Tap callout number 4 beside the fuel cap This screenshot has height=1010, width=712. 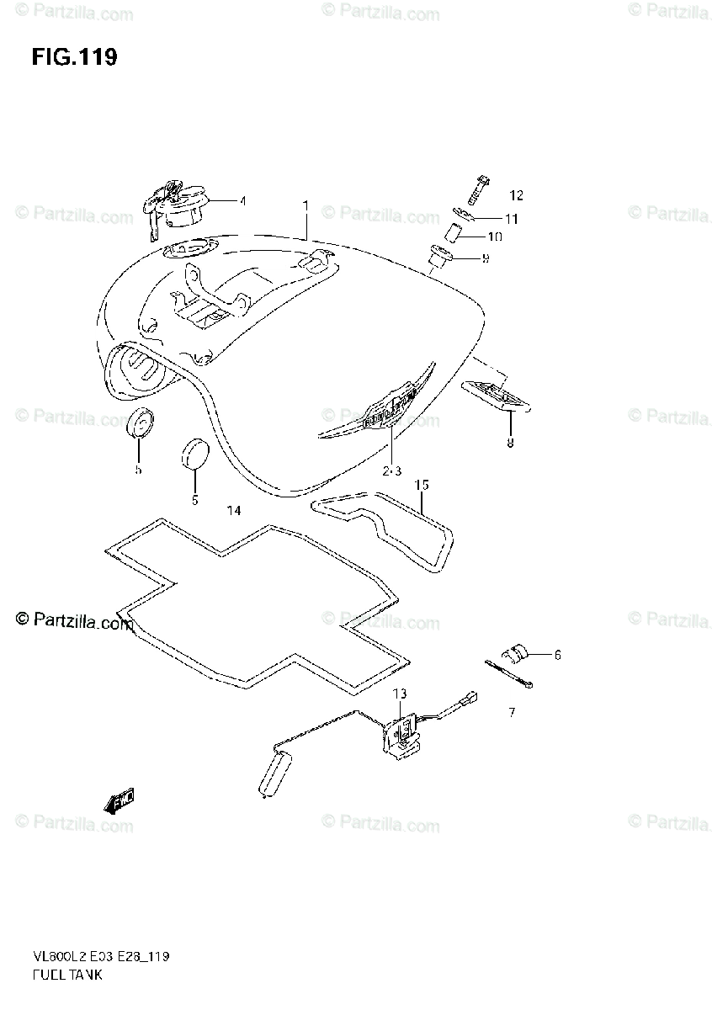click(242, 201)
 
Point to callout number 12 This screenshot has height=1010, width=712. click(516, 196)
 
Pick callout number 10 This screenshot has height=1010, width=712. click(494, 237)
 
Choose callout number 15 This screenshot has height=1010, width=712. click(422, 485)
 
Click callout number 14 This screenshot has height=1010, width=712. click(233, 511)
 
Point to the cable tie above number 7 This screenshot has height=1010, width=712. click(509, 674)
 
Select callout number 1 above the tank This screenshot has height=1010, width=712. click(306, 205)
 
